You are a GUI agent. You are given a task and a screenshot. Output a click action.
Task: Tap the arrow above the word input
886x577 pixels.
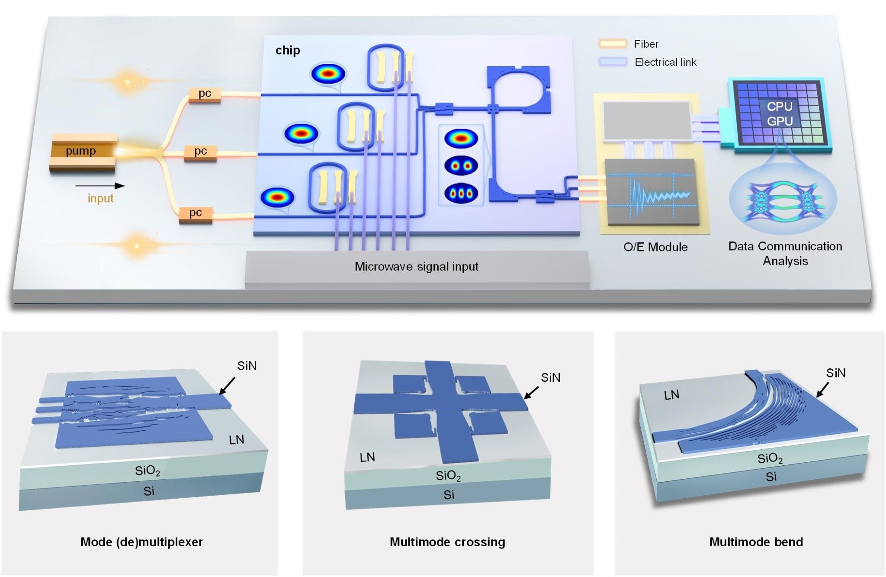coord(100,186)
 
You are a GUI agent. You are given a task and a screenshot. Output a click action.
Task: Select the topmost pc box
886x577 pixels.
coord(205,94)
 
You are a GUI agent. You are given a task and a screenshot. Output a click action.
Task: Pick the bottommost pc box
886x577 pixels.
coord(196,213)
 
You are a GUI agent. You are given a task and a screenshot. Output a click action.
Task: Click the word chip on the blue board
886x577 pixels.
coord(288,50)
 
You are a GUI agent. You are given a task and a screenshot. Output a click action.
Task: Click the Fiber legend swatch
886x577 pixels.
coord(613,44)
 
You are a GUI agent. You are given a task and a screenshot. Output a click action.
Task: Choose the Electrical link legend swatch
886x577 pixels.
coord(613,62)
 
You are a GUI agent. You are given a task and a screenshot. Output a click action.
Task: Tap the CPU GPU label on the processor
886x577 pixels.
coord(780,114)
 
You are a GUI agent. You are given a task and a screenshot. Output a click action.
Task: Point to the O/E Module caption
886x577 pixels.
coord(655,247)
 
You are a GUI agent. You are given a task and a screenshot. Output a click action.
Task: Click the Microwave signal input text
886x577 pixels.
coord(416,267)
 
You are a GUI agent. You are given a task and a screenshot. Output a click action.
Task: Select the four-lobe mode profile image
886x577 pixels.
coord(461,193)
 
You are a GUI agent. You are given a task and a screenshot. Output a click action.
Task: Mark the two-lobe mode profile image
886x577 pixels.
coord(461,165)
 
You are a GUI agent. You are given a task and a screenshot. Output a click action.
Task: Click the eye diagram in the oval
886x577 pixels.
coord(783,200)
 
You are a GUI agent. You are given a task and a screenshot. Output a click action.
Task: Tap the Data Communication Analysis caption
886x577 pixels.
coord(785,254)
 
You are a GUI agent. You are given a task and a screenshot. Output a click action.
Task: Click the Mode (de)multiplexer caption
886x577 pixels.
coord(141,542)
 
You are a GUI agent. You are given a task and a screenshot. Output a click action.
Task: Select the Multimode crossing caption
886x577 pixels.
coord(447,542)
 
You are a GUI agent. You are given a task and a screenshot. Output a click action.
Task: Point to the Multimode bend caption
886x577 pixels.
coord(756,542)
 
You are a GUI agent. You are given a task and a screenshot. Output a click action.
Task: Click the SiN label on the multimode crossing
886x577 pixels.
coord(550,378)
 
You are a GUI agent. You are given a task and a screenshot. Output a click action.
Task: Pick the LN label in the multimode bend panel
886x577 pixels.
coord(671,395)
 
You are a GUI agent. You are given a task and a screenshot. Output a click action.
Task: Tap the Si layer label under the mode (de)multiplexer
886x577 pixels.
coord(149,491)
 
